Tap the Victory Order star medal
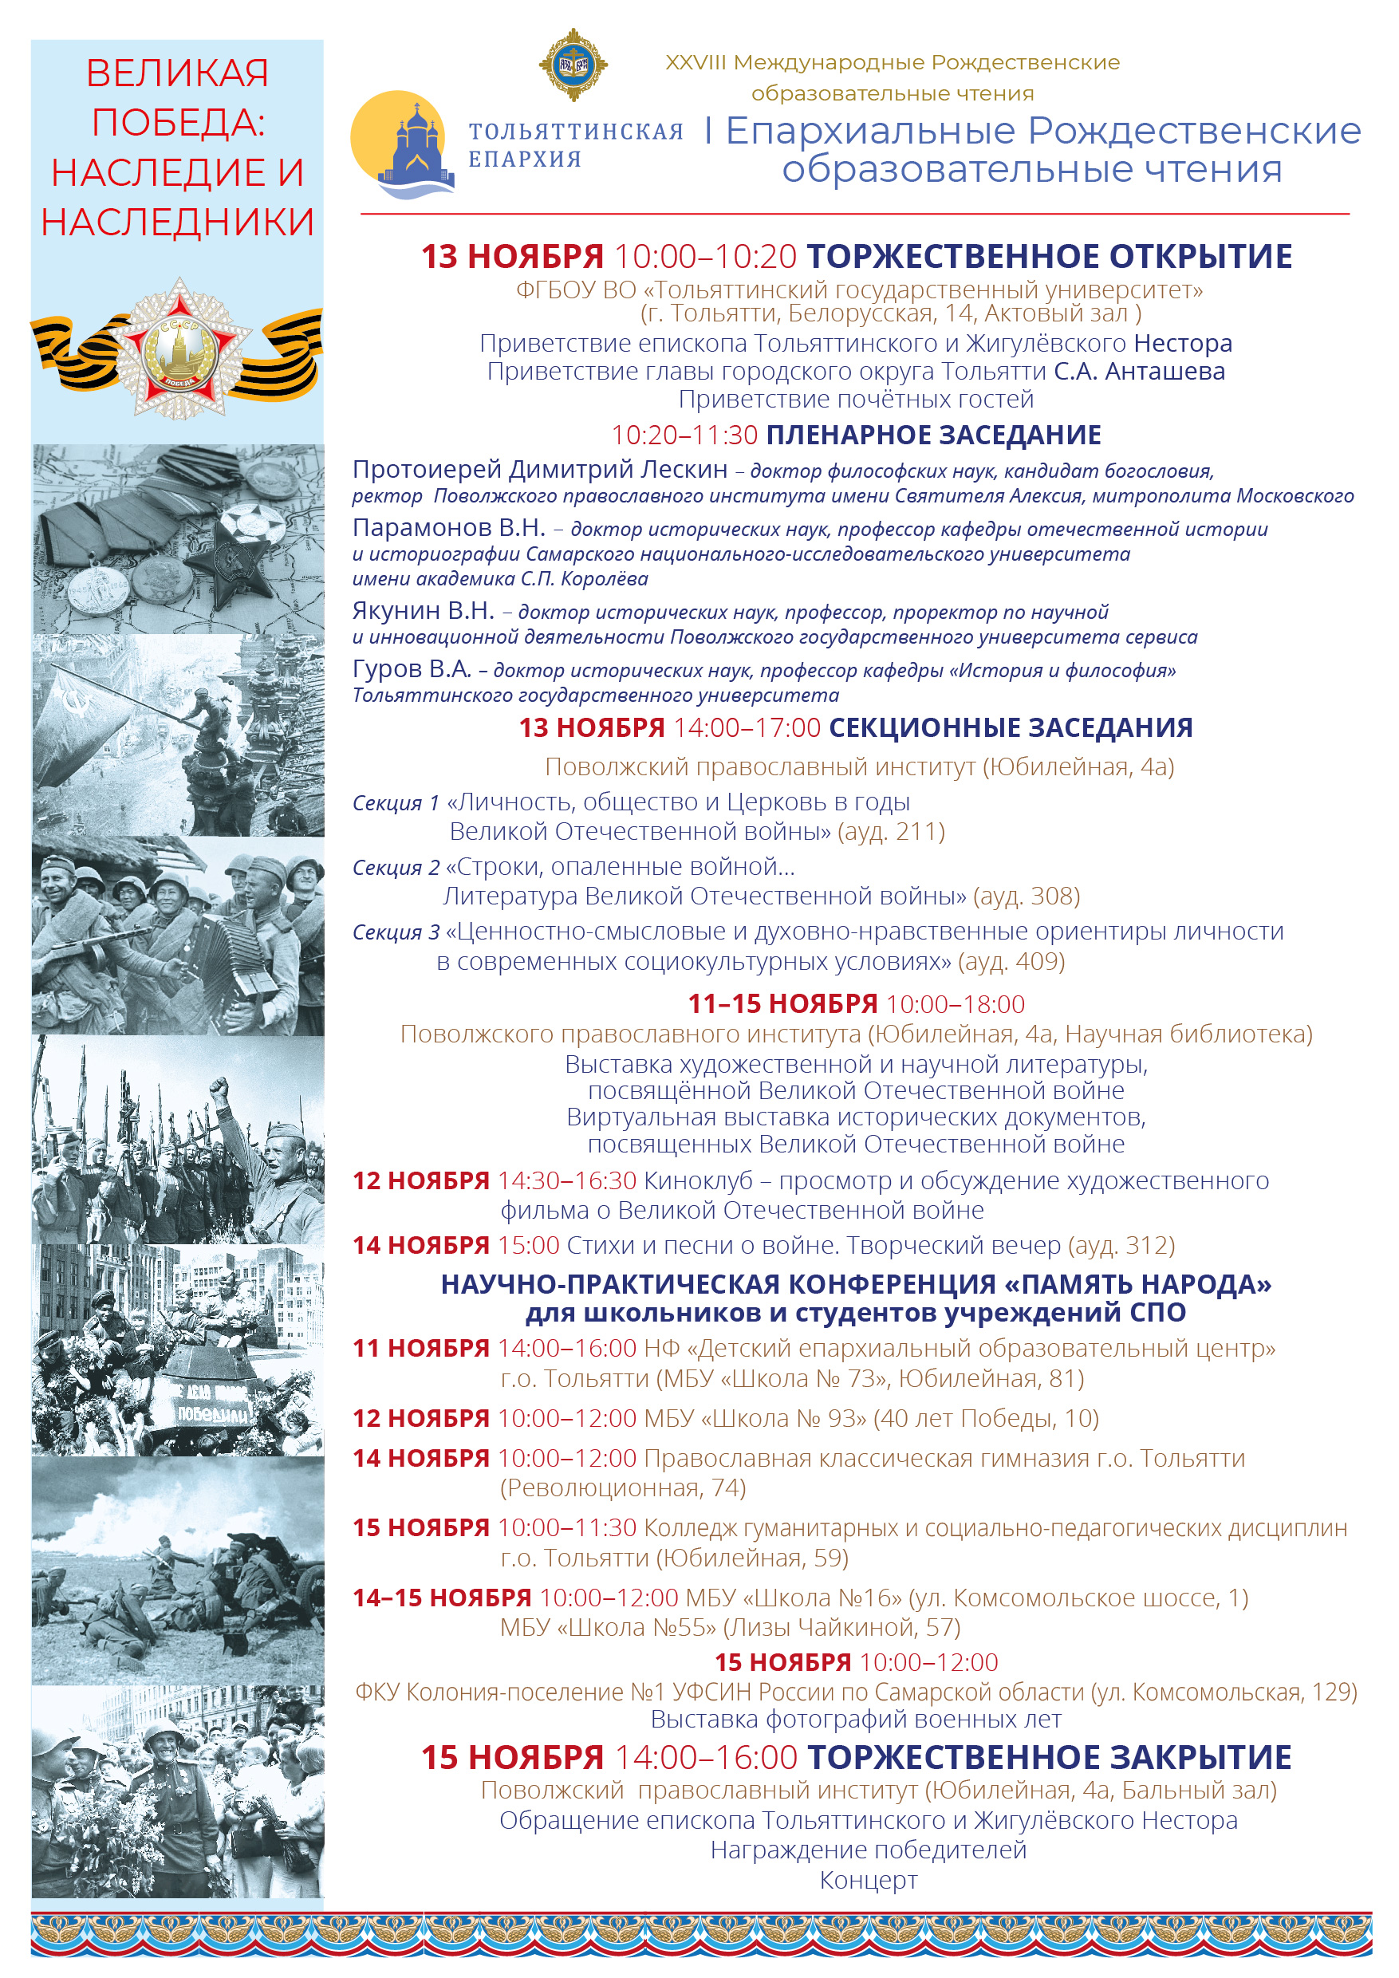coord(180,348)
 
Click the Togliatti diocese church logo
coord(403,144)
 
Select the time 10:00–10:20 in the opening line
coord(706,257)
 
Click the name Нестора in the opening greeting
coord(1183,343)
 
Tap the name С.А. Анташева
coord(1139,372)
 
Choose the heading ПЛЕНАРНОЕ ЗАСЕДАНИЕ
coord(934,435)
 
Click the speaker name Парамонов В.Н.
coord(449,527)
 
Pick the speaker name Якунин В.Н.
coord(423,611)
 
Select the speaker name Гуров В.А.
coord(412,668)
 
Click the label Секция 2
coord(396,868)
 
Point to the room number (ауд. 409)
coord(1011,961)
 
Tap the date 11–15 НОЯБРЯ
coord(782,1003)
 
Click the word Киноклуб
coord(698,1180)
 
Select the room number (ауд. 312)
coord(1121,1245)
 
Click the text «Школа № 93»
coord(783,1418)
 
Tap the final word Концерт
coord(869,1880)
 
